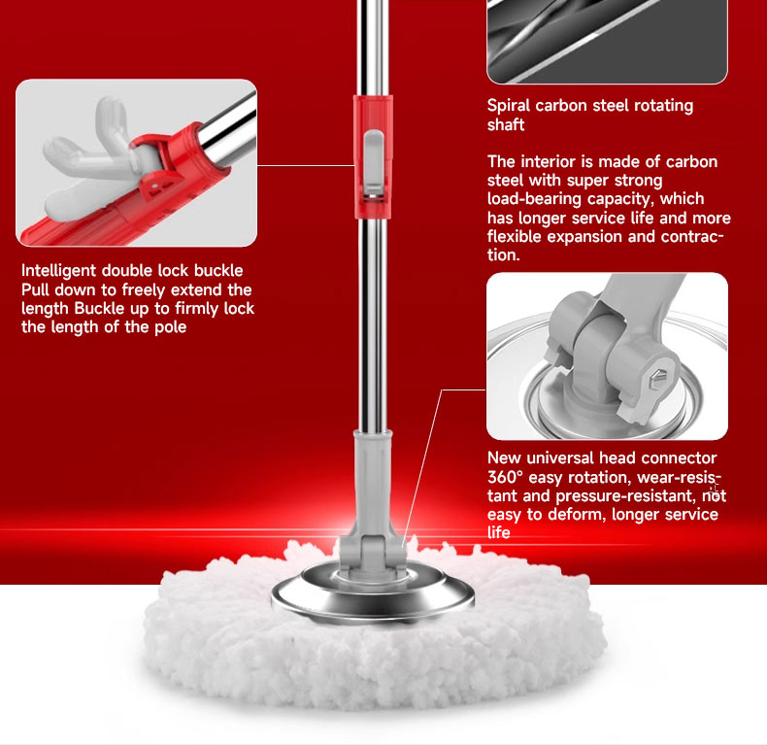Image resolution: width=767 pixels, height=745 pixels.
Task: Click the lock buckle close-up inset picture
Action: coord(136,162)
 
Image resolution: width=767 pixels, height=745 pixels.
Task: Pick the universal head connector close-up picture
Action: coord(607,356)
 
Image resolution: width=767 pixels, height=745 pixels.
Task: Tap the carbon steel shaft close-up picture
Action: coord(607,39)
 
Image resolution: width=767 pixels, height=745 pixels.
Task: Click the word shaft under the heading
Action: coord(506,124)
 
